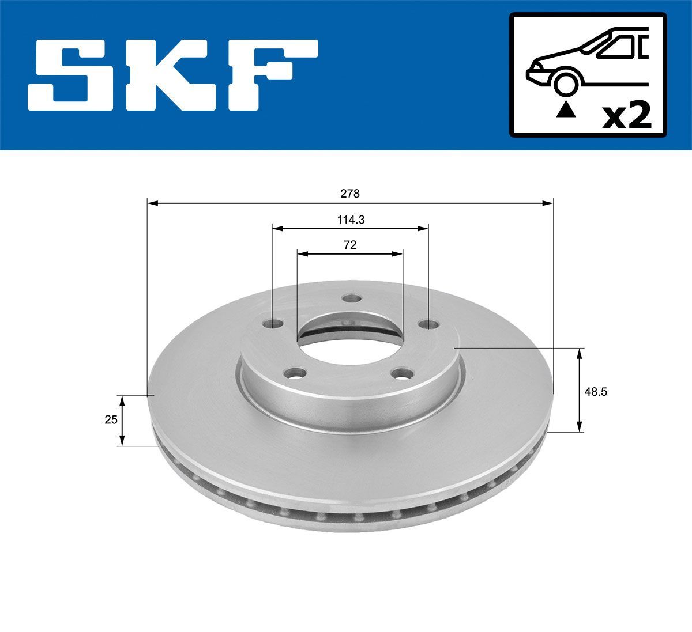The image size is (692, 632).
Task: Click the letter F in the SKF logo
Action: tap(271, 75)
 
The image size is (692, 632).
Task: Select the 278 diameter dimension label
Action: tap(349, 194)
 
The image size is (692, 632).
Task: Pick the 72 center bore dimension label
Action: tap(349, 245)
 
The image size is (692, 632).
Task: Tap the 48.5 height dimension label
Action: tap(596, 391)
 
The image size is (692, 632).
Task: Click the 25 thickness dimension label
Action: tap(111, 420)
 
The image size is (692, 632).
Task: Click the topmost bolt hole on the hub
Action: tap(350, 298)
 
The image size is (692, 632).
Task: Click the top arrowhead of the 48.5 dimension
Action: tap(580, 353)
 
